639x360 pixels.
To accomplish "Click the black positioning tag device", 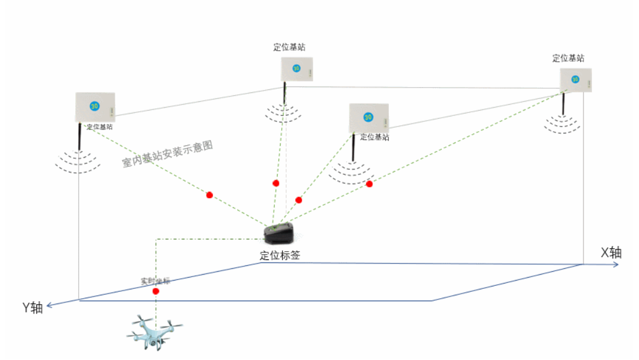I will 279,234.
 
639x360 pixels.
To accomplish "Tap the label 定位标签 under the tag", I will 280,256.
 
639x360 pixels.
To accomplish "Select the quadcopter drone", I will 155,334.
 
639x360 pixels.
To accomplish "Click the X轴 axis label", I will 611,253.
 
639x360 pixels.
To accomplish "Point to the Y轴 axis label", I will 32,308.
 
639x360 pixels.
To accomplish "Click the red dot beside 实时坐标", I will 156,291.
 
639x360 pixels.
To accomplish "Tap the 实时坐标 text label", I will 155,281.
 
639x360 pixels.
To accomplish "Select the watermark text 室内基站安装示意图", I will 167,155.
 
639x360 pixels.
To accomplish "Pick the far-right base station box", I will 575,79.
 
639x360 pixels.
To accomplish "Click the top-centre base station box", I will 297,69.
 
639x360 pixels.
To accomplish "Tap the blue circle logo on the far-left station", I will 94,106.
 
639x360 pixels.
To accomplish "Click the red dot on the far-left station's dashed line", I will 209,195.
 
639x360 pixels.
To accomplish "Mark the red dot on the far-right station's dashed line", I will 370,184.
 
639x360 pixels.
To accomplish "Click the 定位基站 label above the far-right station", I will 568,58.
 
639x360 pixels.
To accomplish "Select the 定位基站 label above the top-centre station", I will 289,47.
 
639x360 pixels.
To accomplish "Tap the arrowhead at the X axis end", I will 615,265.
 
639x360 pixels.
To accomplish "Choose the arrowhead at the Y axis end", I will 49,305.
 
